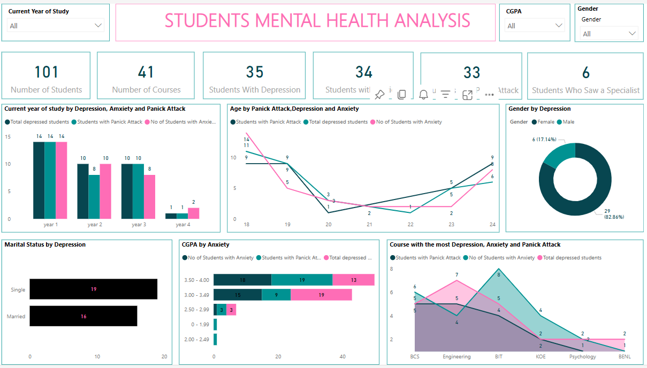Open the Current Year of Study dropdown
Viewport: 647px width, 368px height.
(x=56, y=26)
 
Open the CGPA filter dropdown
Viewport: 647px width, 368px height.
(x=534, y=26)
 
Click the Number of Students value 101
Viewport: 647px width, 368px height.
(x=47, y=72)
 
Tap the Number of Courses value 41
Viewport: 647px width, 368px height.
(x=146, y=72)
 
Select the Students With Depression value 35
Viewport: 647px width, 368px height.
(x=255, y=72)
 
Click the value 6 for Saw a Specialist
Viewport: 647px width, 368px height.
(x=585, y=73)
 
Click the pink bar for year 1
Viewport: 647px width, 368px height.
(x=61, y=180)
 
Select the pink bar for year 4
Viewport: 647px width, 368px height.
(x=193, y=213)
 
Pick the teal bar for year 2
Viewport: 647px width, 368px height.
(x=94, y=196)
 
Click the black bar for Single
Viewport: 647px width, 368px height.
(x=93, y=289)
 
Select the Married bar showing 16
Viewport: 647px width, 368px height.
(x=83, y=316)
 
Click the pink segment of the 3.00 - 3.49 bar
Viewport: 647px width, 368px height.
(x=321, y=295)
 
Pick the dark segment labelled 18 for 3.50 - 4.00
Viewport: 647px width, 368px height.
(x=242, y=280)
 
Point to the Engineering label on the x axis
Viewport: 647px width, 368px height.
(x=456, y=357)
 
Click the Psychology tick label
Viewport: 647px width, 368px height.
(x=582, y=357)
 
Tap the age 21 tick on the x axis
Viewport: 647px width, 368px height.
(x=369, y=225)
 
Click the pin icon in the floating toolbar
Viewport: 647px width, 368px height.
(x=379, y=95)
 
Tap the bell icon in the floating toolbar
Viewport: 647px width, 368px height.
(x=423, y=95)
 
